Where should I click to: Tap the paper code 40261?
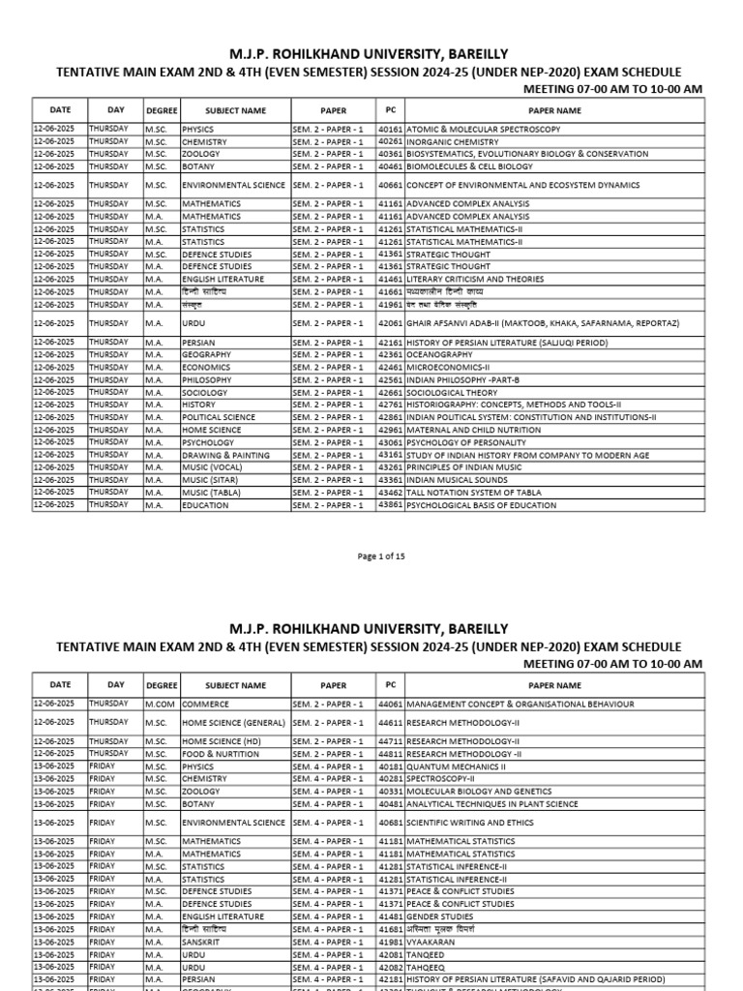390,141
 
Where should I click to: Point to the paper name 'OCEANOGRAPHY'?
439,355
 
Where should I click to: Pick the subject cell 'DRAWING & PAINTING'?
225,455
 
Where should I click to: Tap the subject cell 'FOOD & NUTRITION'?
221,754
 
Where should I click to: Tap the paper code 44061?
390,705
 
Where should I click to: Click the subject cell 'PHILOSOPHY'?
206,380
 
